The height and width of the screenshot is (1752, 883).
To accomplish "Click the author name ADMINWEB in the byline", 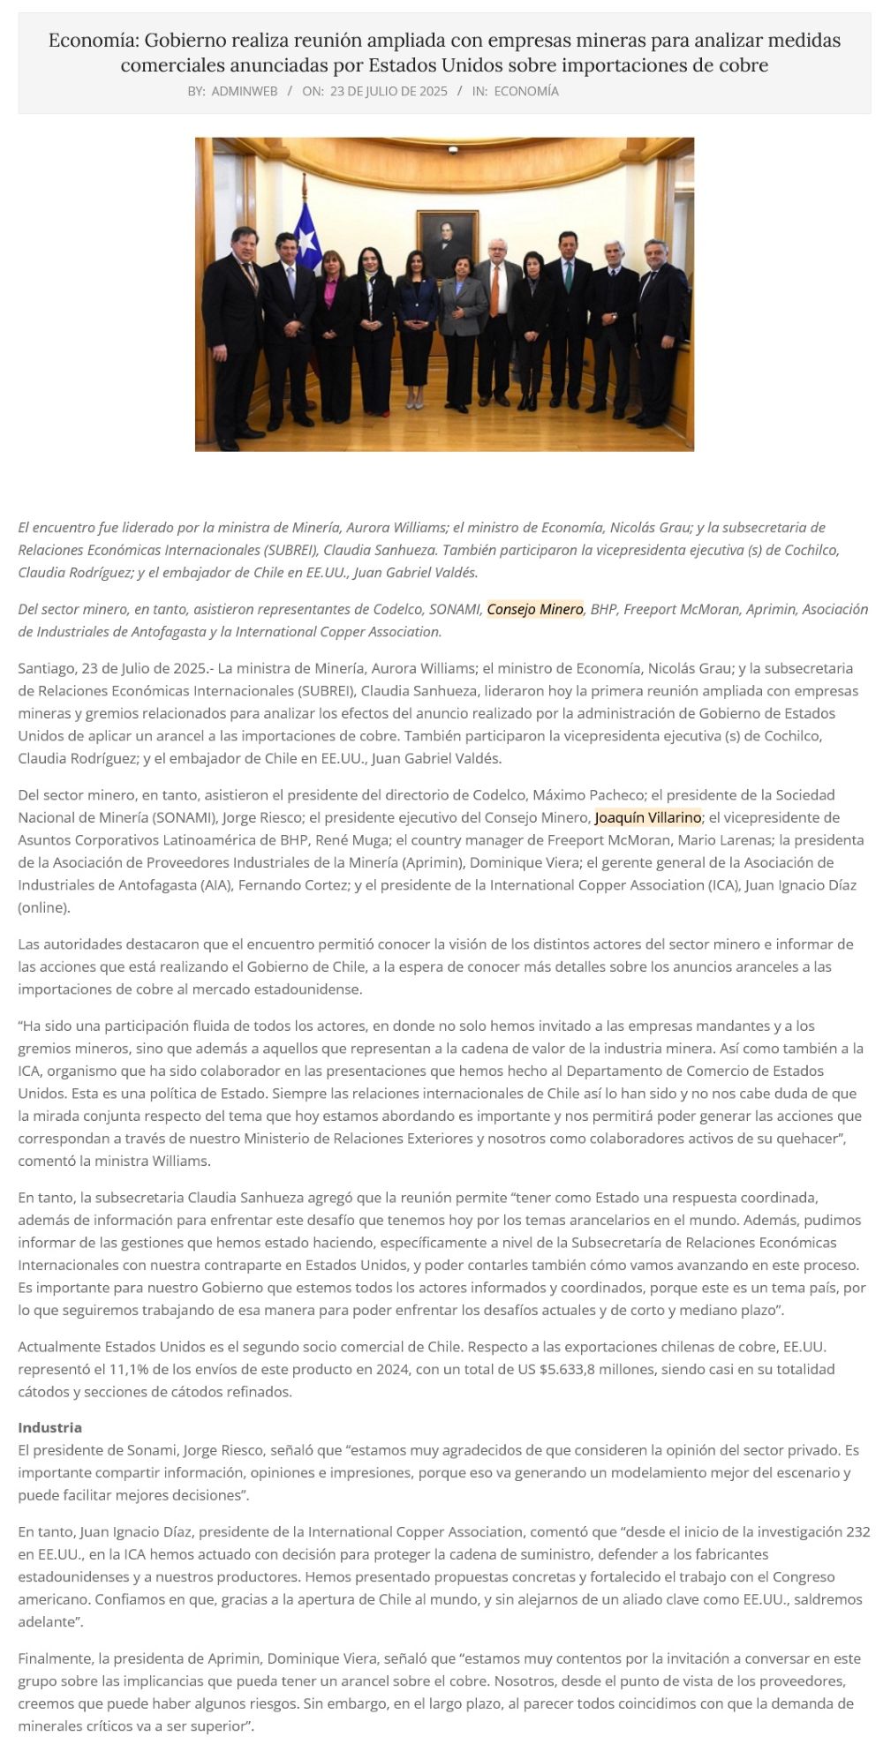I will click(x=245, y=91).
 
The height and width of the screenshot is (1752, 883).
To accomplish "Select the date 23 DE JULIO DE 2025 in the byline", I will click(x=389, y=91).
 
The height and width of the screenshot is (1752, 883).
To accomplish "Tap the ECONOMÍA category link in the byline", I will click(x=526, y=91).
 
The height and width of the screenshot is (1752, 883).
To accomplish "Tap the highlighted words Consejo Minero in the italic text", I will click(x=535, y=609).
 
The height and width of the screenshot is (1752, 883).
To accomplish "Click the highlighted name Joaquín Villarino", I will click(x=648, y=817).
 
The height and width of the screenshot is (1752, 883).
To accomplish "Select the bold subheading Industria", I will click(x=50, y=1427).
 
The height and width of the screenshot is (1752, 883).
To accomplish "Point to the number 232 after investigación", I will click(x=857, y=1531).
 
